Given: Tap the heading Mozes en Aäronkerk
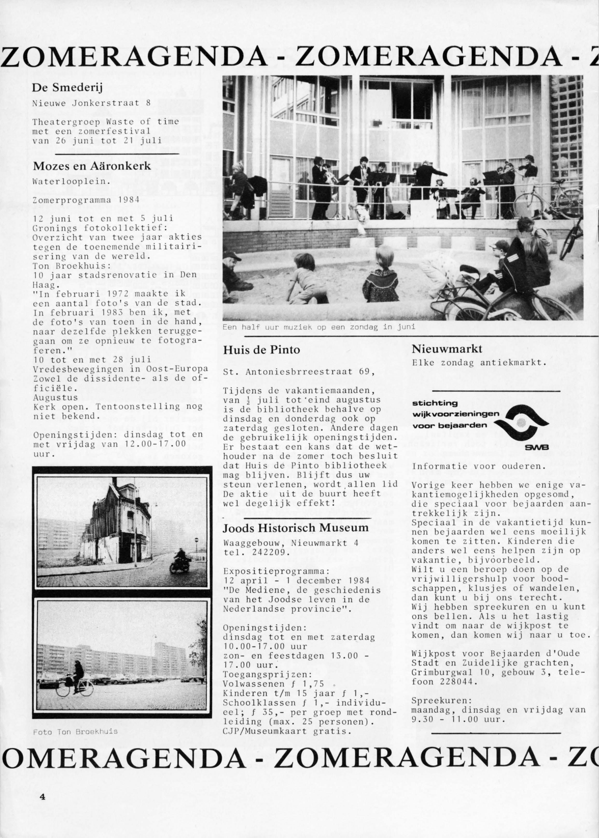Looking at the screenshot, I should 92,166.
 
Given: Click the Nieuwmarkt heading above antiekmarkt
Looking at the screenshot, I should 447,349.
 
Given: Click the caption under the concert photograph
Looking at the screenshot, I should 319,327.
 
